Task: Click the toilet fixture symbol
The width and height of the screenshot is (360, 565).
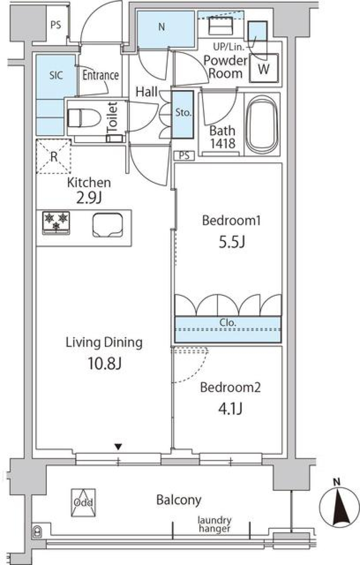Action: tap(84, 118)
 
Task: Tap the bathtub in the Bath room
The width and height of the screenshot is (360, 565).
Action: tap(262, 124)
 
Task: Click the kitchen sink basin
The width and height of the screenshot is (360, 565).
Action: tap(108, 225)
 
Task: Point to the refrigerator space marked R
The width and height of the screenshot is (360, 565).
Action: tap(54, 156)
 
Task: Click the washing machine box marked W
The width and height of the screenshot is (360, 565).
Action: tap(264, 69)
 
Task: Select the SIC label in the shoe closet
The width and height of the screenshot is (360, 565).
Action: tap(56, 75)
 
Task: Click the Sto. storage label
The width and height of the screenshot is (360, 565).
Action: tap(183, 112)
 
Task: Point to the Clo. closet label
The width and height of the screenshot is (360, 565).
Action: tap(228, 323)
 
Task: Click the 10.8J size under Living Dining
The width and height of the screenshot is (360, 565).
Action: tap(104, 363)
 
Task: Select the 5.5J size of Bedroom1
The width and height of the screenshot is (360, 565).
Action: tap(232, 242)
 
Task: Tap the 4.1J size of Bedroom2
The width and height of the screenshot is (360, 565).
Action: tap(230, 408)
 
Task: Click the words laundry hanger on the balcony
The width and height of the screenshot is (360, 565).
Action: tap(214, 524)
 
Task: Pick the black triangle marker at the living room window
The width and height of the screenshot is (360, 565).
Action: tap(118, 446)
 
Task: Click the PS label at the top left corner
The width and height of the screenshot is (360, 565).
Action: tap(55, 25)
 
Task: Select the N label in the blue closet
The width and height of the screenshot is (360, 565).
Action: tap(162, 27)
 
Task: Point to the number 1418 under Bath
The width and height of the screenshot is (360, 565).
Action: tap(223, 143)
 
